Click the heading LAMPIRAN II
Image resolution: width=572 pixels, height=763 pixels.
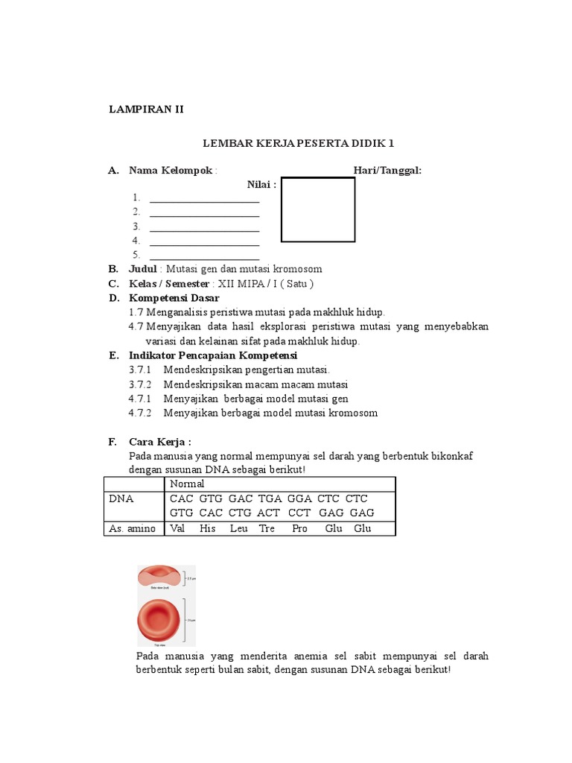coord(146,109)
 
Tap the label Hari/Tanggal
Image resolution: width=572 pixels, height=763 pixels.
coord(387,171)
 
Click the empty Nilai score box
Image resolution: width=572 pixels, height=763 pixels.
coord(318,209)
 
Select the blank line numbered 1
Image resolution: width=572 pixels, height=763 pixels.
coord(204,198)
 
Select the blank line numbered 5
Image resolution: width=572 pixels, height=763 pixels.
coord(204,256)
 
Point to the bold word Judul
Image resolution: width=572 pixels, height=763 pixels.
coord(143,269)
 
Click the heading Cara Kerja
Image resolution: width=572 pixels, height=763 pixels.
coord(160,442)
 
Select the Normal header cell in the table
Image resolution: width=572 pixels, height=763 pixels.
coord(187,484)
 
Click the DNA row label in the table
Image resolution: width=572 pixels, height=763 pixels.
coord(121,498)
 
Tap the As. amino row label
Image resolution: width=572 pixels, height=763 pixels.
coord(133,528)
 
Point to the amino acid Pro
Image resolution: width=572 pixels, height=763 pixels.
coord(299,528)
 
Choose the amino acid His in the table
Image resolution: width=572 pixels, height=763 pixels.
coord(208,528)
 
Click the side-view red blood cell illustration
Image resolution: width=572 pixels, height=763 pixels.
coord(159,577)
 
